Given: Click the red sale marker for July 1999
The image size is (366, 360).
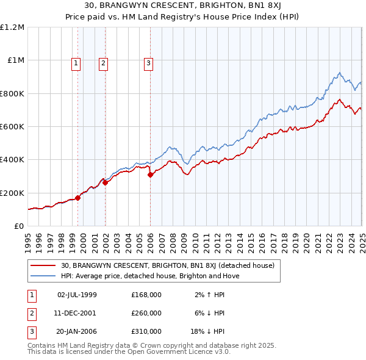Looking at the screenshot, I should pos(78,198).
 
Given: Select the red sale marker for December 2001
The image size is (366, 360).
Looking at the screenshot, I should pos(105,182).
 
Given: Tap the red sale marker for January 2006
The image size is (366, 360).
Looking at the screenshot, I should pos(151,175).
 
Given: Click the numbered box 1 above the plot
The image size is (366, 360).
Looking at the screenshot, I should pos(76,62).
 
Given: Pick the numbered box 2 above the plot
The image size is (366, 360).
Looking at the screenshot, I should pos(103,62).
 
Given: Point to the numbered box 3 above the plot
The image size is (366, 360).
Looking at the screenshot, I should pos(148,62).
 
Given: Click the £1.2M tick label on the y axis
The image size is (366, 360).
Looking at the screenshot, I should pos(12,27).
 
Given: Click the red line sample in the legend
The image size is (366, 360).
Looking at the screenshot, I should pos(43,265).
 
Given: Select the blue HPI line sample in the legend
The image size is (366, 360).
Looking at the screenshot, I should pos(43,276).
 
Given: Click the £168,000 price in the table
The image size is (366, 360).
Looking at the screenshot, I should pos(146,294).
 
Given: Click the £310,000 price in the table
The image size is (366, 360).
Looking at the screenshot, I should pos(146,332).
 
